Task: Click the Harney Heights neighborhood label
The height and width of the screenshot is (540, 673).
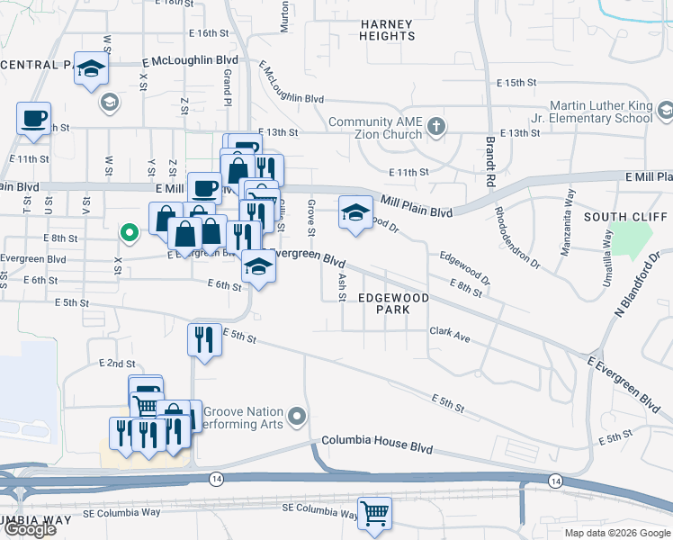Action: [x=386, y=30]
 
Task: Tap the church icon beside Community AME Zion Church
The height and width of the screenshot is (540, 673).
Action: [x=436, y=125]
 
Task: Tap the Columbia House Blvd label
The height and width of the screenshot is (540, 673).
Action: [x=377, y=448]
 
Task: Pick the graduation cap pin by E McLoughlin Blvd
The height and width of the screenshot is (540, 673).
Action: [x=91, y=69]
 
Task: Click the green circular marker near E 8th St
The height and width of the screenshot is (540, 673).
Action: [x=129, y=234]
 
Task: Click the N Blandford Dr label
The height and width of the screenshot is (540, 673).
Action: [x=636, y=287]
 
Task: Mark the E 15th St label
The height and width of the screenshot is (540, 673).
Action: [x=516, y=83]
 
